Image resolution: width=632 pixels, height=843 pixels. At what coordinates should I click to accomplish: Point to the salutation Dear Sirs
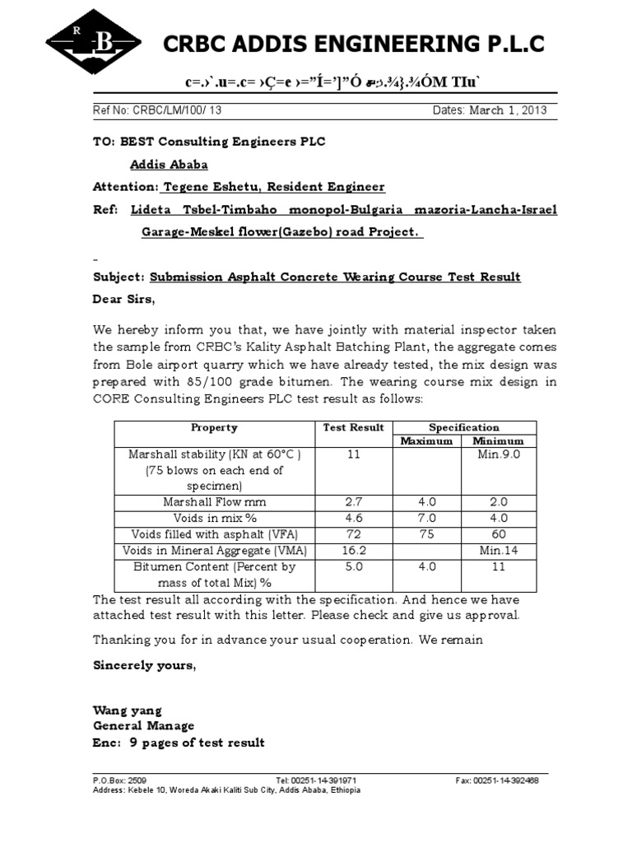tap(123, 299)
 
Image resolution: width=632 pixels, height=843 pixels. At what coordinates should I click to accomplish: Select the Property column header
tap(214, 427)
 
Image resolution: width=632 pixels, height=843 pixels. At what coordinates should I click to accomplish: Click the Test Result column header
tap(353, 427)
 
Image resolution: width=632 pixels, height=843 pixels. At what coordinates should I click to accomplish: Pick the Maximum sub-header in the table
tap(426, 440)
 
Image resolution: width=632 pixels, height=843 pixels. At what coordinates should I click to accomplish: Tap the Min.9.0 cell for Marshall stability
tap(499, 454)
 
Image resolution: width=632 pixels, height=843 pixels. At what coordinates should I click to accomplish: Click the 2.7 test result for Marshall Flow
tap(353, 501)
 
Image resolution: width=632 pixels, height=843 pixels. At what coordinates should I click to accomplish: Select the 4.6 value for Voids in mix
tap(353, 518)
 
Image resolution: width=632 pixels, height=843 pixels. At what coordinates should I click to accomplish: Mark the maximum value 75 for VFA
tap(426, 533)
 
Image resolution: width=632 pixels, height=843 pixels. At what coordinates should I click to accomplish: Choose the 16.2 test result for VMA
tap(353, 550)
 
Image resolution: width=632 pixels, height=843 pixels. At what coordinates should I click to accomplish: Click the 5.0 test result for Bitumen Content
tap(353, 566)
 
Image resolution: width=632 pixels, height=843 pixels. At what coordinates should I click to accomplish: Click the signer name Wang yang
tap(128, 710)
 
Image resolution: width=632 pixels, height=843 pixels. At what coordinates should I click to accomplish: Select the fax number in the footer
tap(497, 780)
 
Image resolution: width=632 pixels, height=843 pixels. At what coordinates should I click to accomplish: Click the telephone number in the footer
tap(316, 780)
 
